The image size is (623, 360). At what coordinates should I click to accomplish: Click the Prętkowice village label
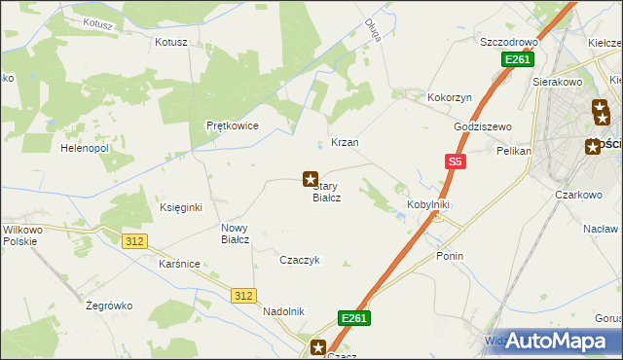point(232,126)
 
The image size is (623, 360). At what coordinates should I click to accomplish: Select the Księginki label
point(180,207)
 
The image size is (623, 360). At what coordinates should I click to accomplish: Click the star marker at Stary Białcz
point(311,179)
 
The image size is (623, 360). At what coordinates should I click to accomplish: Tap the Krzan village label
point(346,142)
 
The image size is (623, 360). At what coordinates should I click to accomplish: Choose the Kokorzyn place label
point(450,98)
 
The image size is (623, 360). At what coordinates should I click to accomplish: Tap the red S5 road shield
point(454,162)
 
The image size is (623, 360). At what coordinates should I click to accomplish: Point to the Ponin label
point(450,256)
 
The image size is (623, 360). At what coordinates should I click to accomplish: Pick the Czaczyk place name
point(300,260)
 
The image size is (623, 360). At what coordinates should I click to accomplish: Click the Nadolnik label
point(284,311)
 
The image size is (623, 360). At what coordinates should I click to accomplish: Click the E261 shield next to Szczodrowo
point(517,60)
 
